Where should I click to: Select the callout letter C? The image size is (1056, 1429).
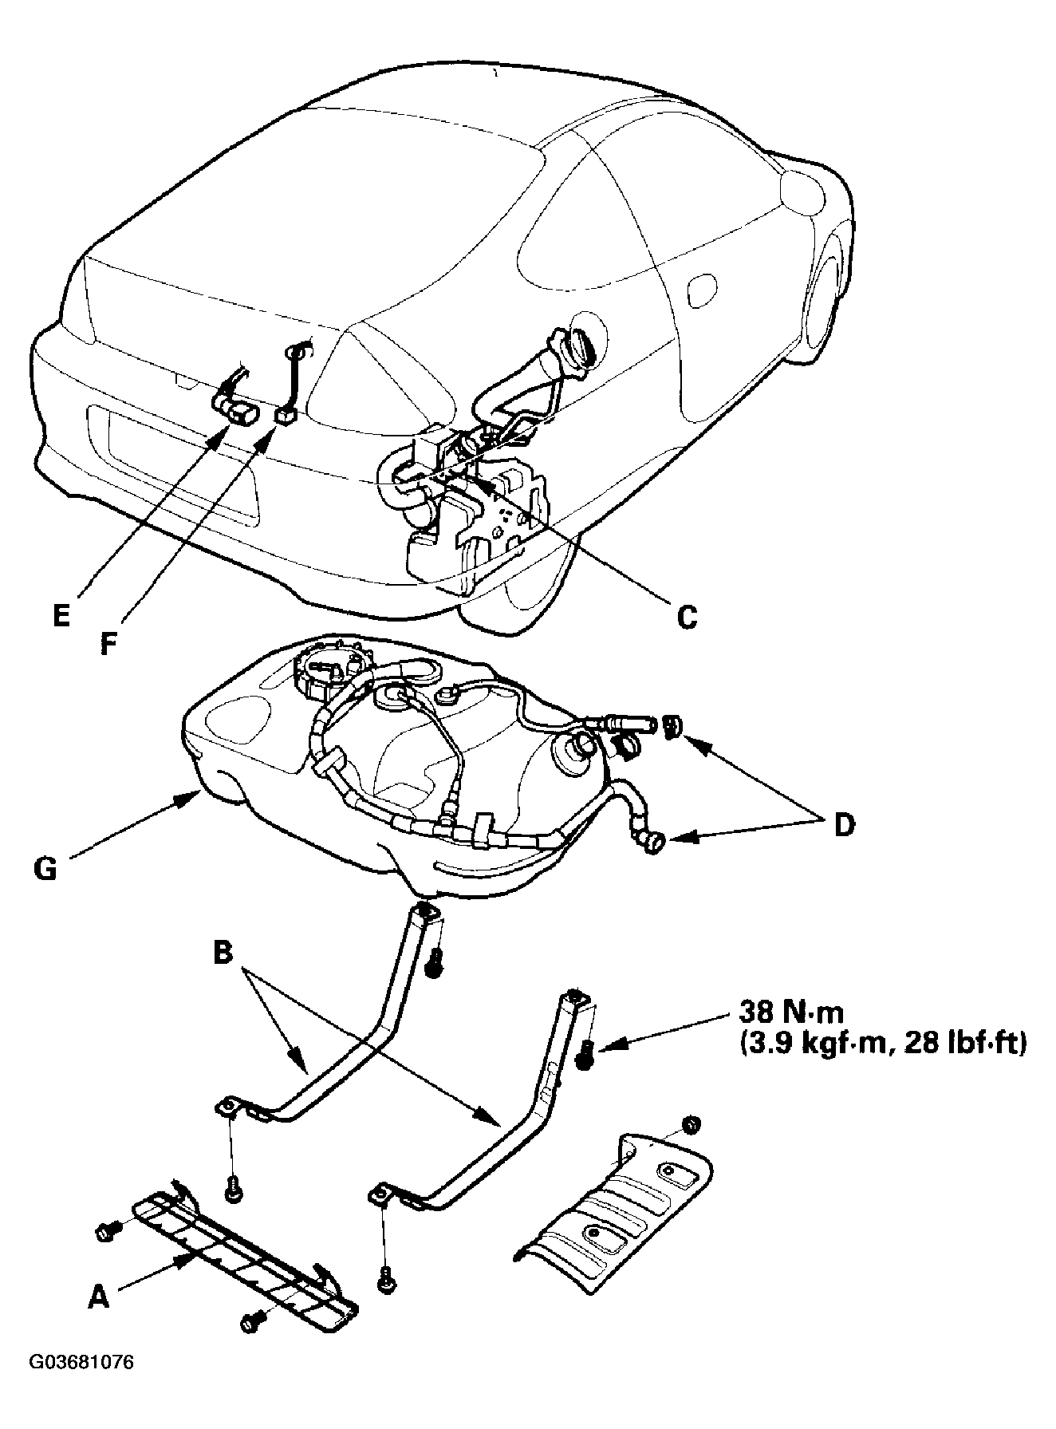coord(686,615)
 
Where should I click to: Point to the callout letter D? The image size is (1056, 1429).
coord(842,824)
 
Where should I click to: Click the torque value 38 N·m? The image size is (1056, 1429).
coord(786,1013)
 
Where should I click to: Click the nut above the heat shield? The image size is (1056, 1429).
coord(692,1123)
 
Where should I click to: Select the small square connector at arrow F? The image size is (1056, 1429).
coord(286,416)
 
